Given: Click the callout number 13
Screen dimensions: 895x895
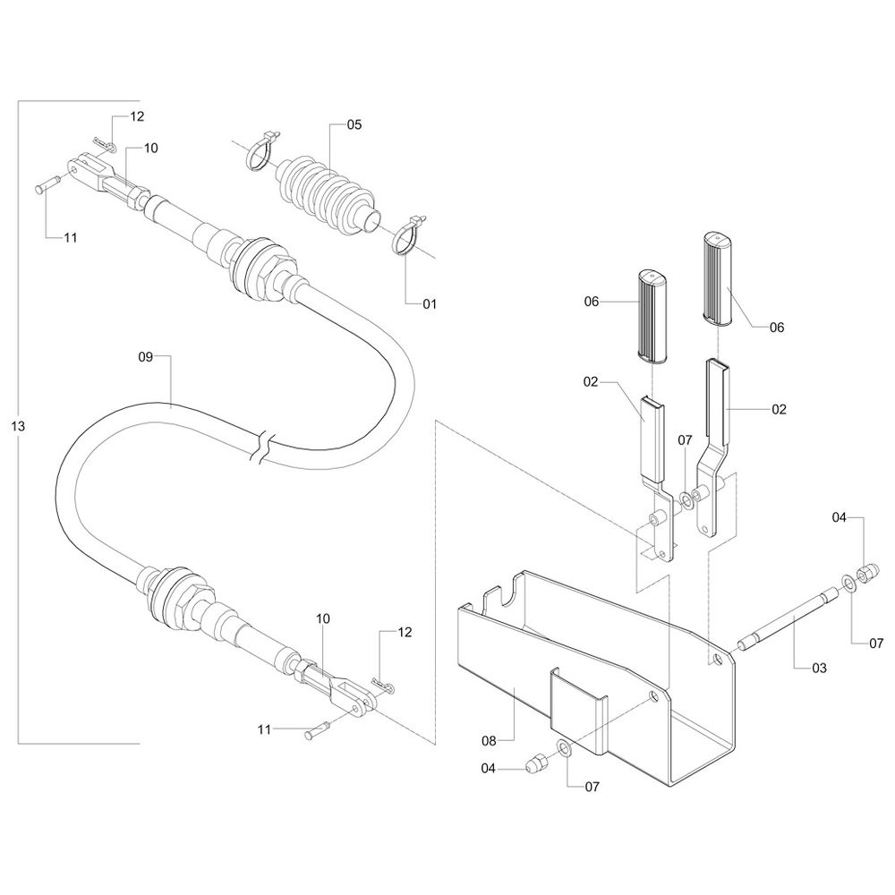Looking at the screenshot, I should pyautogui.click(x=18, y=425).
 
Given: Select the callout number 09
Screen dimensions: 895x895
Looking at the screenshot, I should pyautogui.click(x=147, y=356).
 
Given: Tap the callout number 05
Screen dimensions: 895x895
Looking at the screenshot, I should pyautogui.click(x=354, y=124).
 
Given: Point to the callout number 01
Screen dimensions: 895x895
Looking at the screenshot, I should pyautogui.click(x=430, y=304).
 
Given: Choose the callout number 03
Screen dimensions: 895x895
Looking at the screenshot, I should pyautogui.click(x=820, y=668).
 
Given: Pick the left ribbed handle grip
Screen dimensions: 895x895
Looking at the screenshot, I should pyautogui.click(x=653, y=314).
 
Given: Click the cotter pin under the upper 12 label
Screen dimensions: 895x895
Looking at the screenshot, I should pyautogui.click(x=105, y=144).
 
